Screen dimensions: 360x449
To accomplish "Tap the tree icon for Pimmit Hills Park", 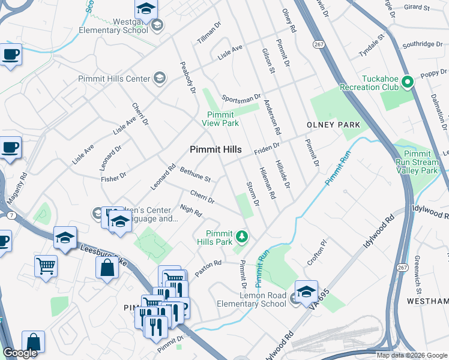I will [242, 236].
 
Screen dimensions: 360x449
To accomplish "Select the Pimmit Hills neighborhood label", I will [215, 149].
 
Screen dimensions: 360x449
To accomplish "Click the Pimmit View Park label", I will [223, 119].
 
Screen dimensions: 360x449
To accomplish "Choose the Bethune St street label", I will [195, 175].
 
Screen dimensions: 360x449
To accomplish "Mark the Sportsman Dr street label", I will [241, 97].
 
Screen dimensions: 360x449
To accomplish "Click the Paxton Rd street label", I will [208, 263].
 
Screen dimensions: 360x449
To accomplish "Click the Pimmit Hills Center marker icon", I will [159, 78].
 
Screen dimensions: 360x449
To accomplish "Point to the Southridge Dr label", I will [422, 44].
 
